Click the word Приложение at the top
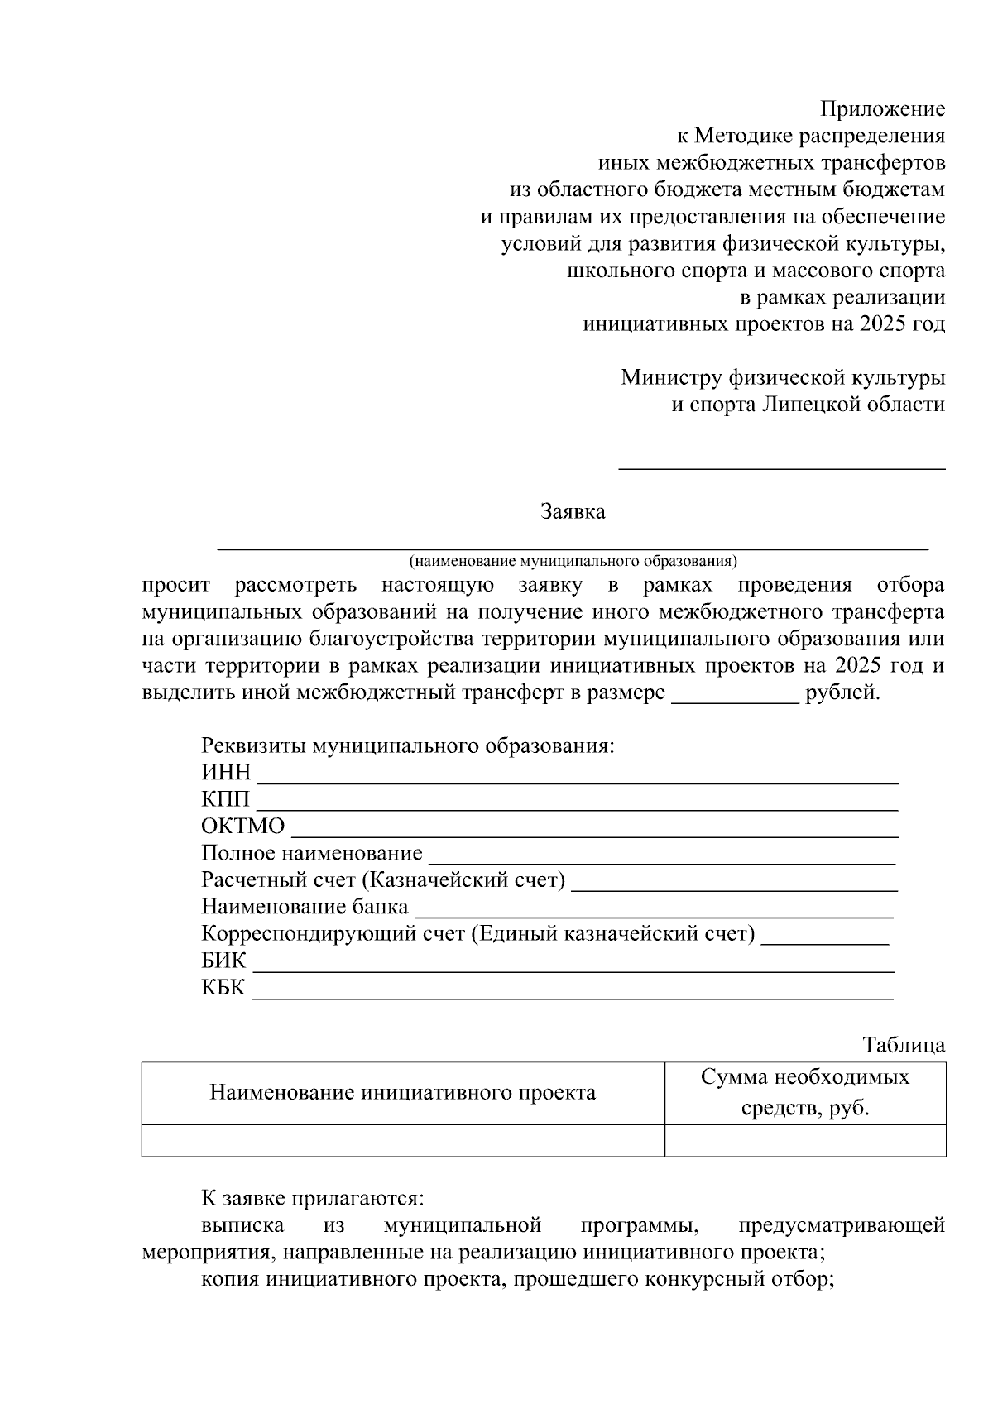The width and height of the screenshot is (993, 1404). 882,109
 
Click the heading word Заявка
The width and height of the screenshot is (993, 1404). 573,511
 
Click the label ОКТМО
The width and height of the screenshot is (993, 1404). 242,826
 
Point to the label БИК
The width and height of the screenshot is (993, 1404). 223,961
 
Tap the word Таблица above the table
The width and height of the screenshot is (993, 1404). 904,1045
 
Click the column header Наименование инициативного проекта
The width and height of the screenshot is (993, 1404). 403,1093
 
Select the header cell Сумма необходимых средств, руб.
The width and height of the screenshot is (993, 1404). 804,1092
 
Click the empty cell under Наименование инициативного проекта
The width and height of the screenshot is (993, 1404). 403,1140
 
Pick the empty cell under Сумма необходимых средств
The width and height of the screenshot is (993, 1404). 804,1140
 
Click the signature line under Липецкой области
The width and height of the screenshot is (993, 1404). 782,467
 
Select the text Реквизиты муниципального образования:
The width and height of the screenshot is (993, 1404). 408,745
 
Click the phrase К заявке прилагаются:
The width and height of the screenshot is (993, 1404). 313,1198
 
